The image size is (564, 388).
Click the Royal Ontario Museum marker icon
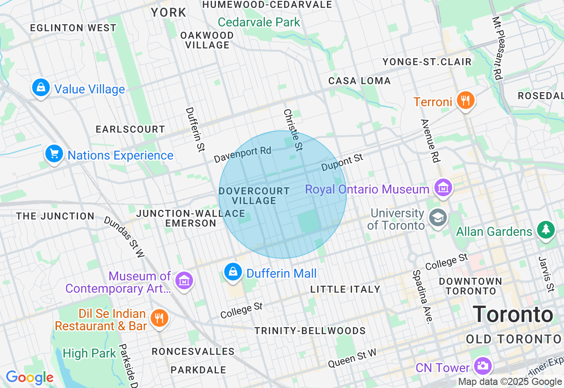coord(443,188)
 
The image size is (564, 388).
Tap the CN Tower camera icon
coord(482,366)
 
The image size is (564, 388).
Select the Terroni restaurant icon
coord(465,101)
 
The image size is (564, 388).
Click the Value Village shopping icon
coord(41,88)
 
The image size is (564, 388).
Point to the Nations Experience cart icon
coord(54,154)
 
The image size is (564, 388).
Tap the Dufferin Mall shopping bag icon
coord(233,272)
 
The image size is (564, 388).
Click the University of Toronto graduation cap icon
coord(438,217)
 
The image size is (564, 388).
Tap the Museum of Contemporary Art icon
coord(184,280)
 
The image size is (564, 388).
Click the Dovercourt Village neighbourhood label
coord(254,196)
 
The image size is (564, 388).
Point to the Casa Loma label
coord(360,81)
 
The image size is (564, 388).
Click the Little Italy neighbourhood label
coord(345,289)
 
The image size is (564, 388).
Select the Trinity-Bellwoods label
coord(310,331)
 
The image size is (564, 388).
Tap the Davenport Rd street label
coord(242,154)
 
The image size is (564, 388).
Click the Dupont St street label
coord(342,162)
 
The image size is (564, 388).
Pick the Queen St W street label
coord(352,358)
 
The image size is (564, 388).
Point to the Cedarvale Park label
coord(259,22)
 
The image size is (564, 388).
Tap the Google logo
coord(30,377)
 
